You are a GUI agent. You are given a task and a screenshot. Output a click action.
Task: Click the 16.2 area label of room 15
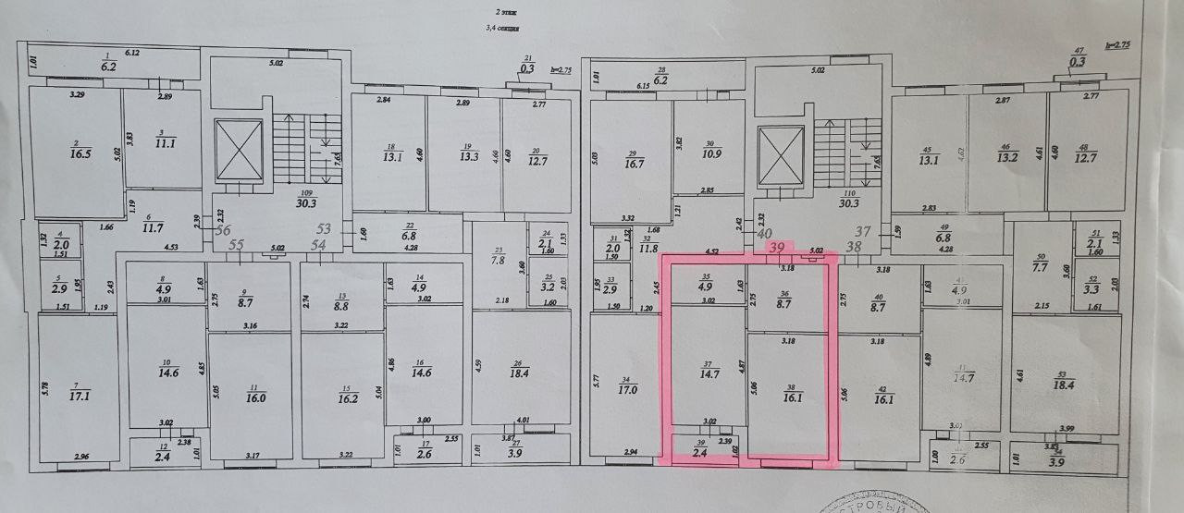pyautogui.click(x=341, y=399)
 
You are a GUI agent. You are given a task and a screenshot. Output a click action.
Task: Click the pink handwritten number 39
pyautogui.click(x=777, y=248)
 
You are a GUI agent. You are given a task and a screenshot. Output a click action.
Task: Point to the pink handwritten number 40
pyautogui.click(x=738, y=234)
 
